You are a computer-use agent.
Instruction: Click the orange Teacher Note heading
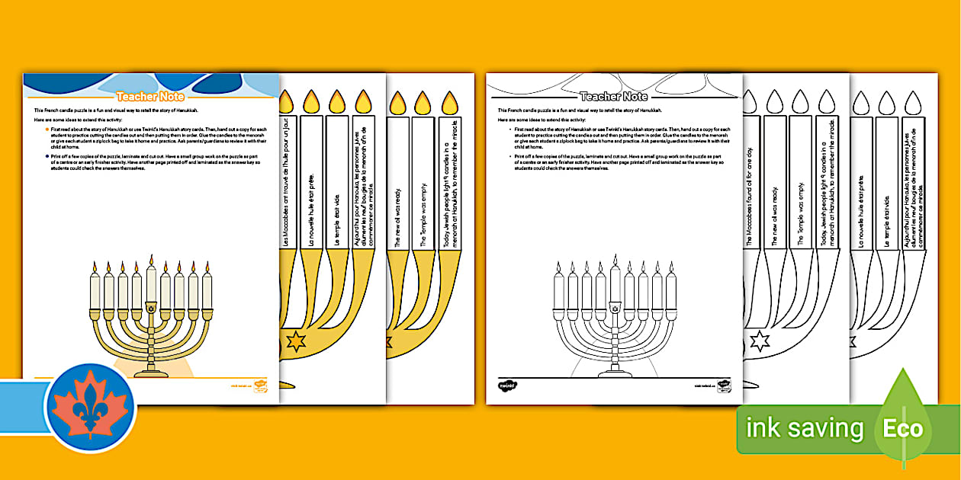151,97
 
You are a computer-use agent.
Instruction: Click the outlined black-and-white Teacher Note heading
614,97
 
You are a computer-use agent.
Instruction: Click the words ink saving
805,428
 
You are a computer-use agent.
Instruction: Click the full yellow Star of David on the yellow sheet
295,341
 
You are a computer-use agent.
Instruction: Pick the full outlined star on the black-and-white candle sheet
760,341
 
